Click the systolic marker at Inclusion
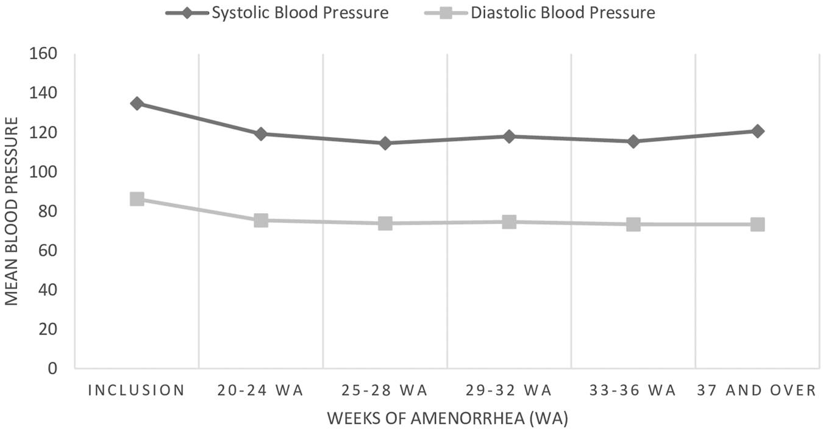[x=137, y=104]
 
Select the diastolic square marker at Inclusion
[x=137, y=199]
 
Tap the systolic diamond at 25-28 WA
[x=385, y=143]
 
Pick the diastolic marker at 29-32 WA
[x=509, y=222]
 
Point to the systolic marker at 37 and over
[x=757, y=131]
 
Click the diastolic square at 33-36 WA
[x=633, y=224]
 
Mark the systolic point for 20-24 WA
[x=261, y=134]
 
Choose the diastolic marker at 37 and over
[x=757, y=224]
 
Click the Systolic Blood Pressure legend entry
[x=277, y=13]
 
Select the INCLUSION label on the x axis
[x=137, y=390]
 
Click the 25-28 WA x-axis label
[x=385, y=390]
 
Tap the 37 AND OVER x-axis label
[x=757, y=390]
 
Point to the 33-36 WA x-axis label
[x=633, y=390]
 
